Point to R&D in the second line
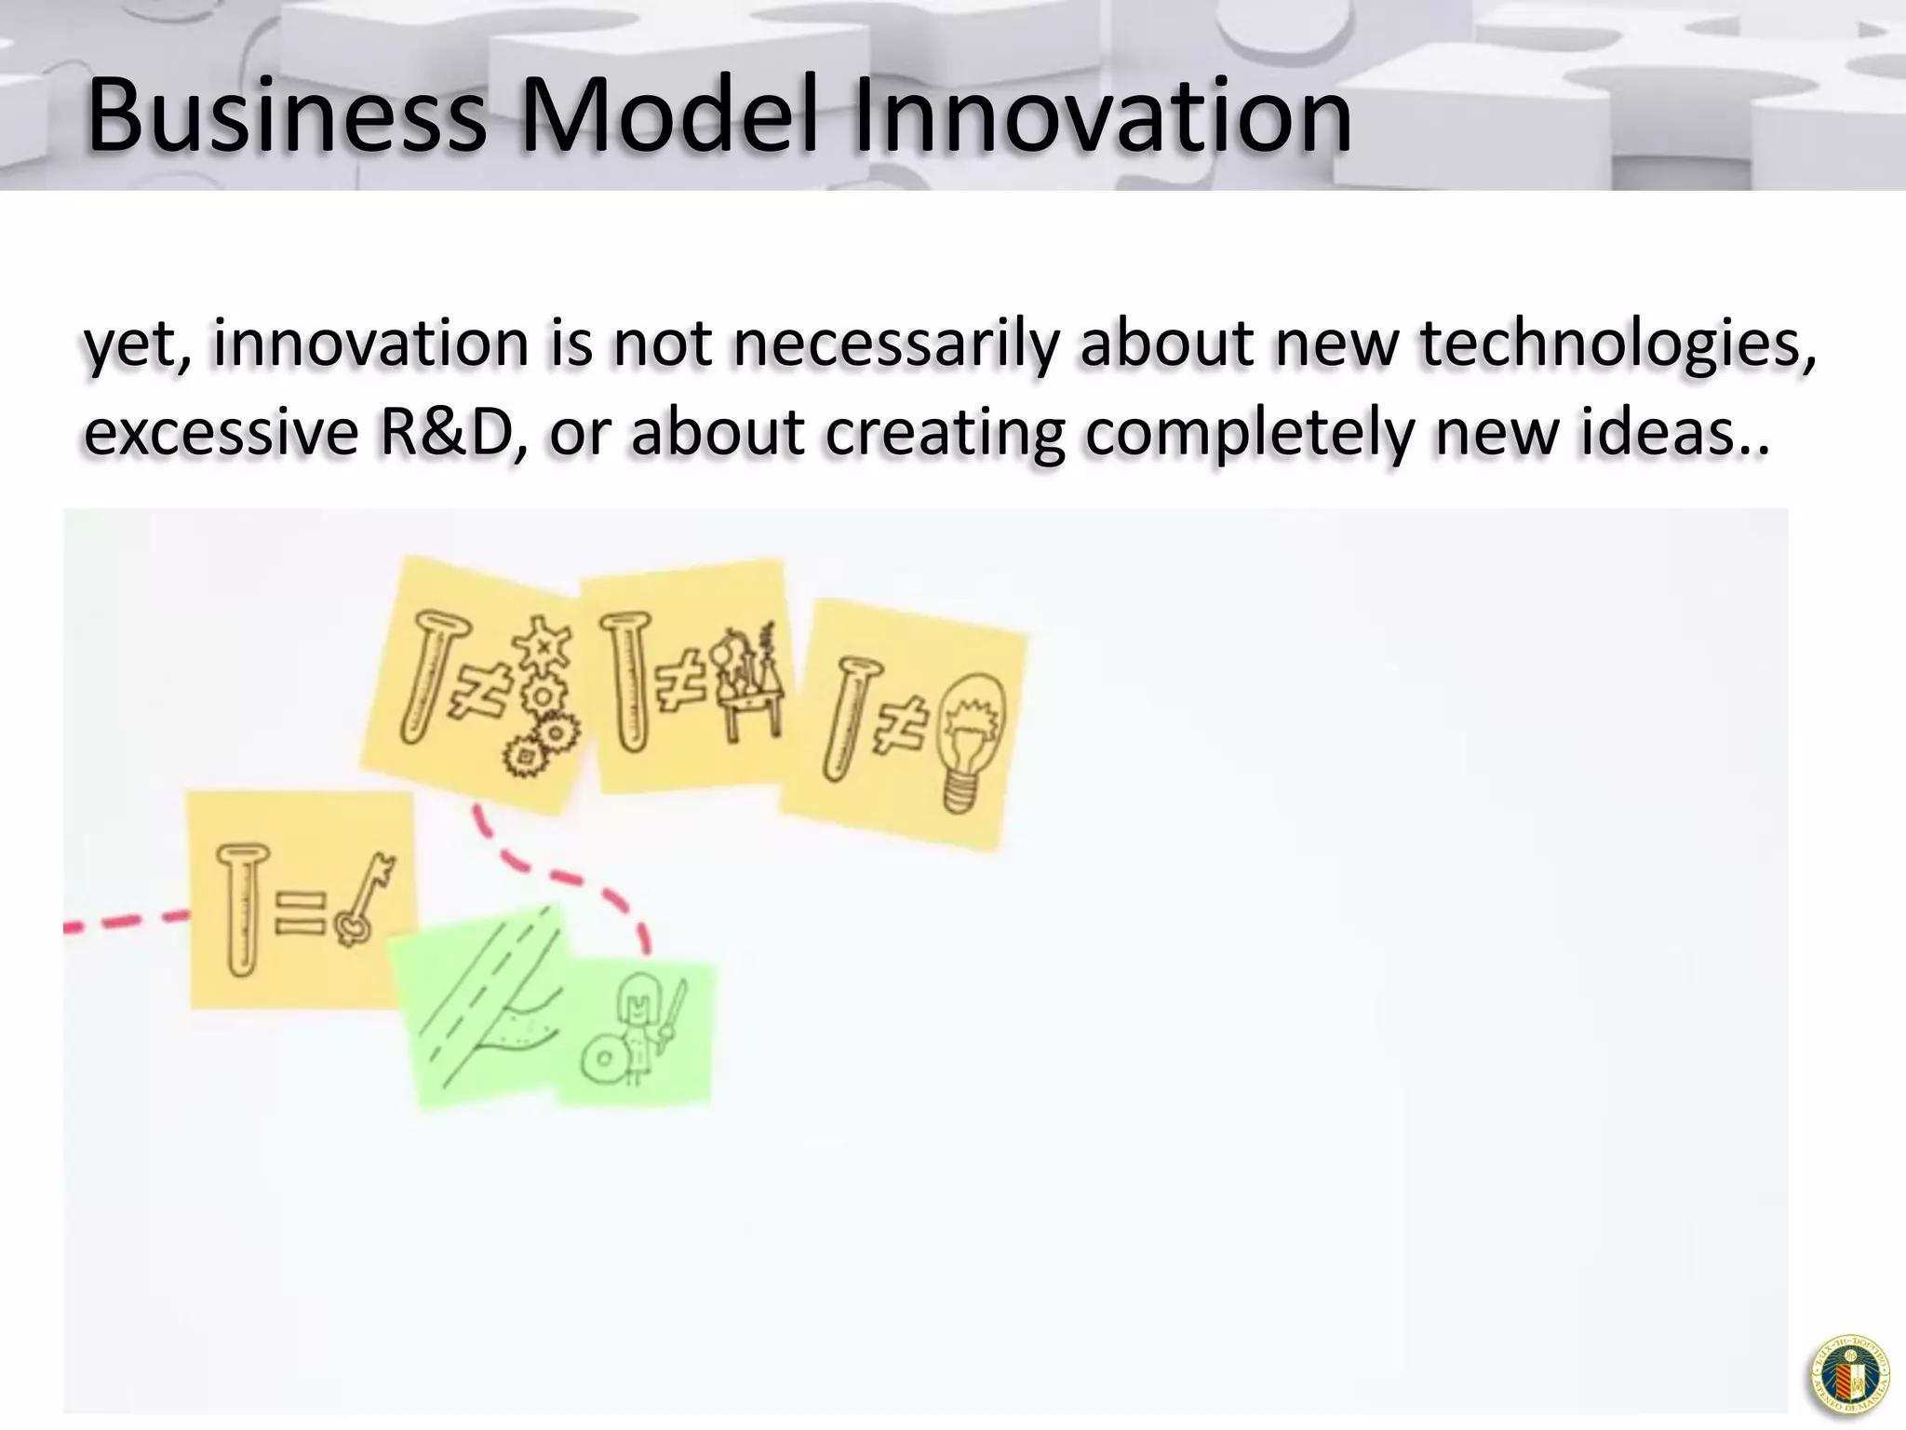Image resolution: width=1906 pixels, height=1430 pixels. tap(456, 433)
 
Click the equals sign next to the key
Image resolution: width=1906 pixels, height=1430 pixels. tap(300, 912)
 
